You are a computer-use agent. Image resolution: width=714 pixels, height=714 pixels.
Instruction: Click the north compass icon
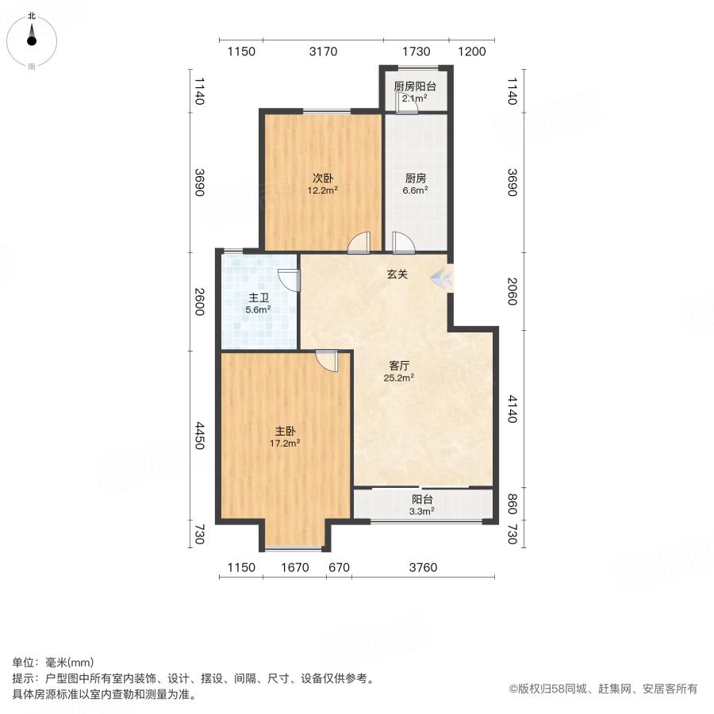(32, 38)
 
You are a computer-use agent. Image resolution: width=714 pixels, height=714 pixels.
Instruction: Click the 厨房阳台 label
(415, 92)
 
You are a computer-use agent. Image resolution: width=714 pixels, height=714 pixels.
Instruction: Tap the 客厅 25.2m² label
(398, 371)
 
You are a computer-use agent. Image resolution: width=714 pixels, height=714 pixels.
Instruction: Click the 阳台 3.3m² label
(422, 505)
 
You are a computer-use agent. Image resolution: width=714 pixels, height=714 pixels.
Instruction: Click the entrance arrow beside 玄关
(441, 277)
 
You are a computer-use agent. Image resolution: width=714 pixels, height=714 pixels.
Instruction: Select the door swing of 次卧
(359, 242)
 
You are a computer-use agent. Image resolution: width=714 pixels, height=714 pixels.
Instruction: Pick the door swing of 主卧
(326, 361)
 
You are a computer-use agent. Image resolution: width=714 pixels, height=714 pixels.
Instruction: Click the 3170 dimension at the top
(323, 52)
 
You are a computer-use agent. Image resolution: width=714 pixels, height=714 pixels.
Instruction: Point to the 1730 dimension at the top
(416, 52)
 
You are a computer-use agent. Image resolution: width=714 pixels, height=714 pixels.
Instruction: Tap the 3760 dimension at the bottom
(423, 567)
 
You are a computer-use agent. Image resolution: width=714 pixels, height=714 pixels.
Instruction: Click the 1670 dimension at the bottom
(294, 567)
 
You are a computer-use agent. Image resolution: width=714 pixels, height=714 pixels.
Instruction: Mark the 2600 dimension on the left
(199, 301)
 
